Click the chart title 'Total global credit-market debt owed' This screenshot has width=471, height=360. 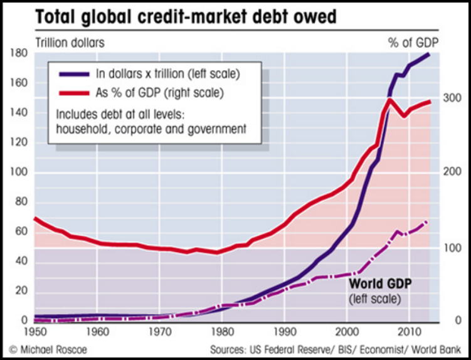coord(186,16)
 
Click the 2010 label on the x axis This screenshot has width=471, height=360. coord(410,331)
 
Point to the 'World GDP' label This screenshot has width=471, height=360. coord(380,283)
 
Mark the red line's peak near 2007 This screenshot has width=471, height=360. coord(389,100)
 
